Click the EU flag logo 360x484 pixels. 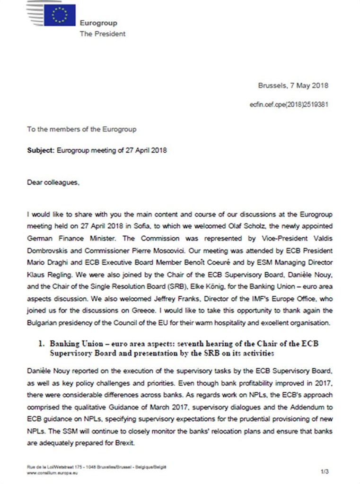(59, 14)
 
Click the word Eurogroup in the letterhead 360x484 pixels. (98, 23)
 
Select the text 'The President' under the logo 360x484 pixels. (103, 34)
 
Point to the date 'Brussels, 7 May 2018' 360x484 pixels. (293, 86)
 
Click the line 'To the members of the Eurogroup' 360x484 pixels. (82, 129)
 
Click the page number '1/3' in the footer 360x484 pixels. (325, 472)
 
